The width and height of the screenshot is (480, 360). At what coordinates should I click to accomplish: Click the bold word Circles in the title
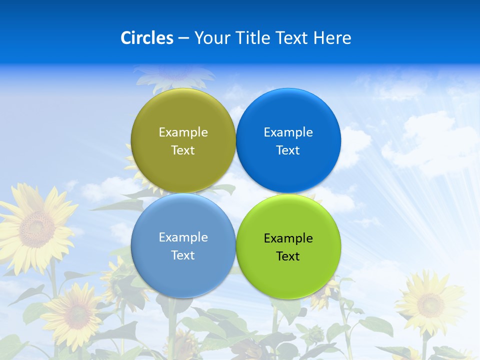tap(147, 38)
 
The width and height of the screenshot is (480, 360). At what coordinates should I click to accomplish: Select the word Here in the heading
tap(332, 38)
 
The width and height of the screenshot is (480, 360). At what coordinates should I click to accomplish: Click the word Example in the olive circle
tap(183, 132)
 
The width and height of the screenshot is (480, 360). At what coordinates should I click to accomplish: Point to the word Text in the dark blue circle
tap(288, 150)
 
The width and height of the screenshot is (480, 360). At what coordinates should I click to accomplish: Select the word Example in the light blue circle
tap(183, 237)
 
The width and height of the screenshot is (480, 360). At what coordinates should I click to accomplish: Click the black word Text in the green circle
tap(288, 256)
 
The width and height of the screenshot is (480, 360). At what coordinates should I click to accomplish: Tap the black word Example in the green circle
tap(288, 238)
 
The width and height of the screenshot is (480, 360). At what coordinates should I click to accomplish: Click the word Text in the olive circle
tap(183, 150)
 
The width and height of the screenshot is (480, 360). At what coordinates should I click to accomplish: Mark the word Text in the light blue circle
tap(183, 255)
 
